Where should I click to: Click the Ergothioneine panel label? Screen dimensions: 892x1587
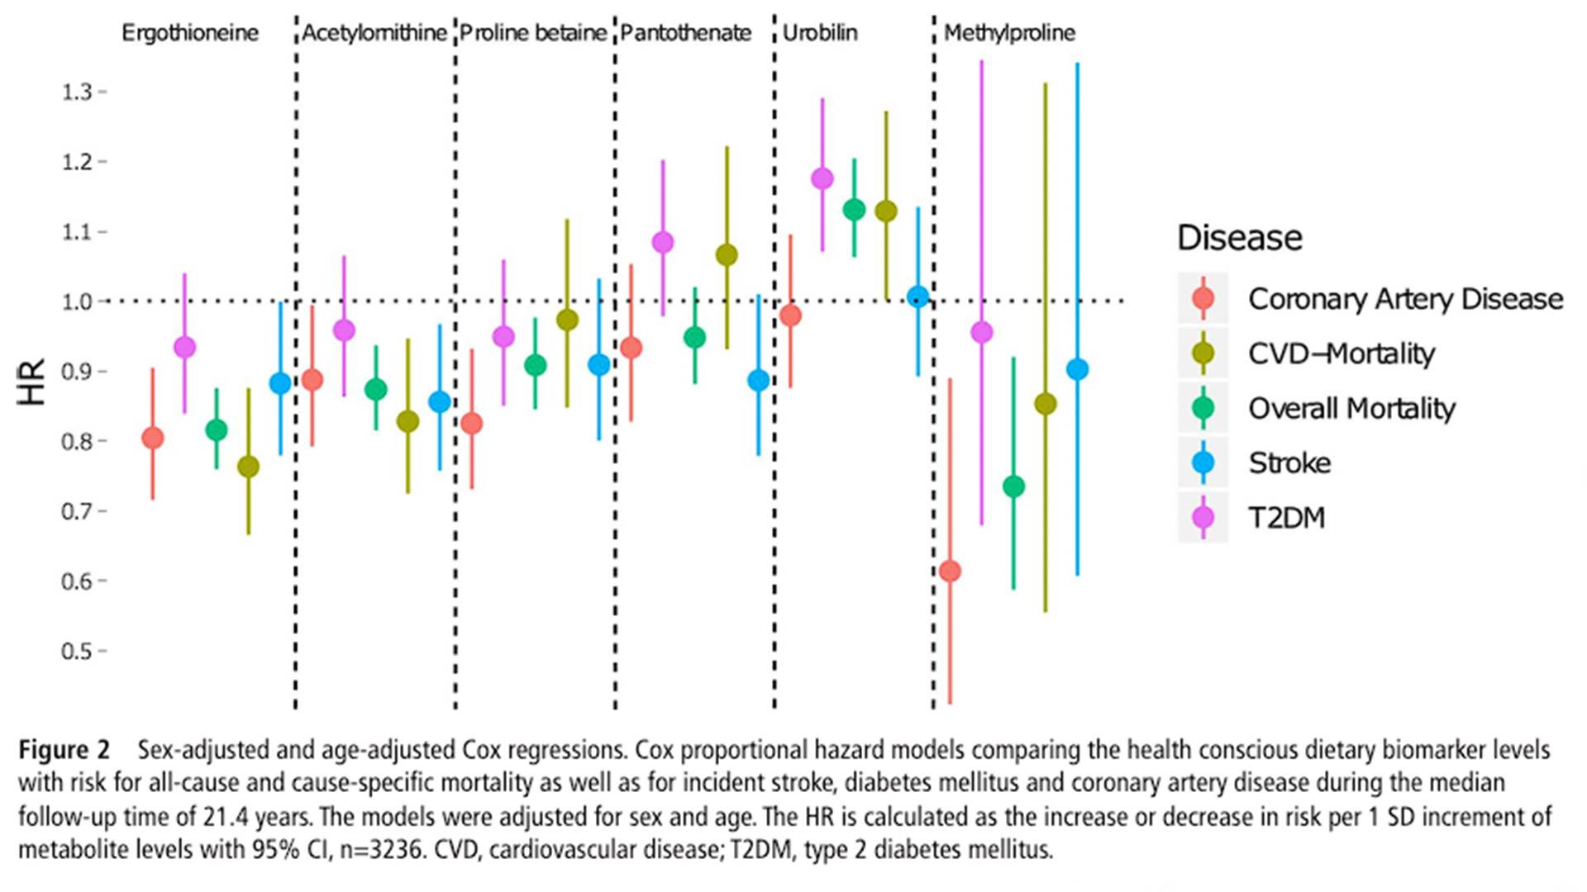[190, 33]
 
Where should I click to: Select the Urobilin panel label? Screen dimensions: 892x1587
[820, 33]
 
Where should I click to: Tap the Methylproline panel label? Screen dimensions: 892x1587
[1009, 33]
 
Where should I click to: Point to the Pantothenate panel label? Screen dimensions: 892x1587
[685, 33]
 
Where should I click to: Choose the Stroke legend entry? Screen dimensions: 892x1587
[1289, 463]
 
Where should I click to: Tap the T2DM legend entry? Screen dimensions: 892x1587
[1286, 517]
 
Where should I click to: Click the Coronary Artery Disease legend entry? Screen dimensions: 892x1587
[1405, 299]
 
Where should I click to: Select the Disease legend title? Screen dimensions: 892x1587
[1239, 238]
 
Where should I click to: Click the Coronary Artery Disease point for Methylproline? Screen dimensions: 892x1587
[950, 571]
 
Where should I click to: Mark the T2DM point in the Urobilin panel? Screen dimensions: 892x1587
[822, 178]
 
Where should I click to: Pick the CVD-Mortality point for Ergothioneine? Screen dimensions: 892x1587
[248, 467]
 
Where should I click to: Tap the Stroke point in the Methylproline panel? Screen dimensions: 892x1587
[1077, 369]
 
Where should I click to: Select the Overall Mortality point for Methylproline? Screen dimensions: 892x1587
[1013, 486]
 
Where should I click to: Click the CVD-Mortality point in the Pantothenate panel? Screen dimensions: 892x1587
[727, 255]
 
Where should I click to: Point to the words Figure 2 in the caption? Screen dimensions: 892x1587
[64, 750]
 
